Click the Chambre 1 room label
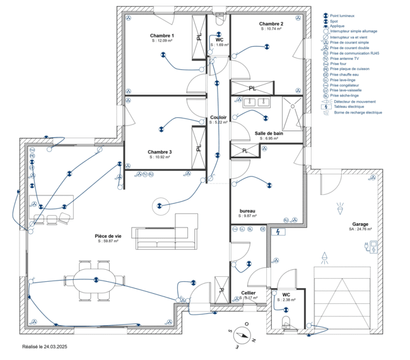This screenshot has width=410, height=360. coord(162,35)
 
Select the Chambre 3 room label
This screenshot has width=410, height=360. coord(160,152)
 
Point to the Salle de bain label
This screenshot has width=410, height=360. coord(269,134)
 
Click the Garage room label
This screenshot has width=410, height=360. coord(360,224)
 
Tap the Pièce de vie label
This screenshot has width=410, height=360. coord(108,236)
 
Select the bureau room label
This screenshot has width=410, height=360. coord(247,211)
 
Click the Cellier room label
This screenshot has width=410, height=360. coord(249,293)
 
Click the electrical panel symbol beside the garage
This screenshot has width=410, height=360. coord(276,232)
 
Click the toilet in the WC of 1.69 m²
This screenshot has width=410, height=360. coord(219,20)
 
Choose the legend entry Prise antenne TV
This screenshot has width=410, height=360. coord(343,58)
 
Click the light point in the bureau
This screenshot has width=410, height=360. coord(267,185)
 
